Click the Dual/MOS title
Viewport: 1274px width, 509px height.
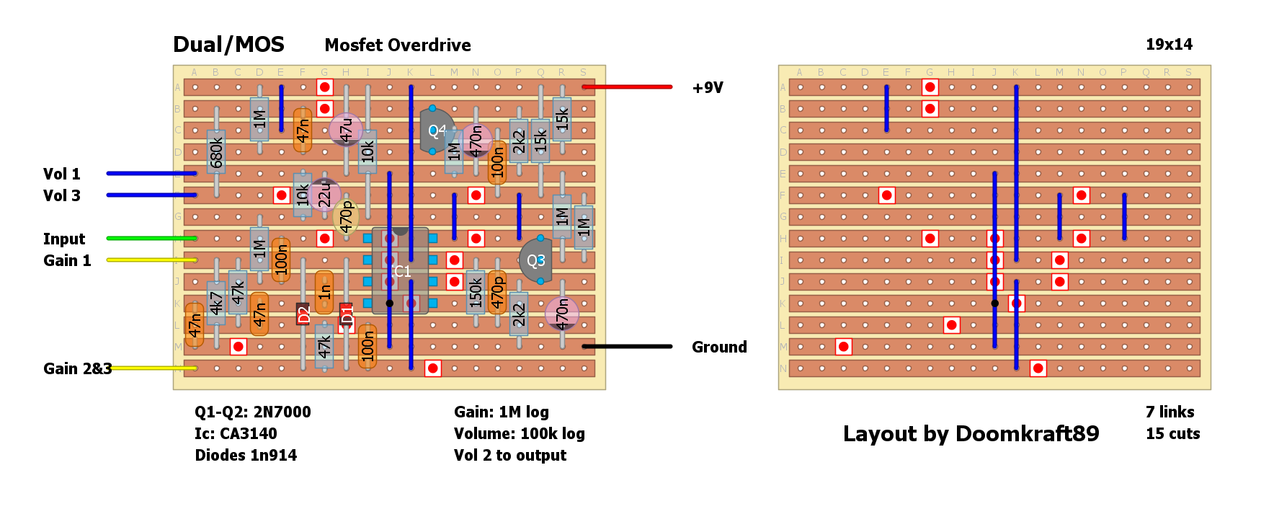click(228, 45)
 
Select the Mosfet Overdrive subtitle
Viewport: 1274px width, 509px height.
click(398, 45)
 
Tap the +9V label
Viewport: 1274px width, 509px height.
click(708, 88)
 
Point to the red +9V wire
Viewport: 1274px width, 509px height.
click(627, 87)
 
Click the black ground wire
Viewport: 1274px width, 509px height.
click(627, 347)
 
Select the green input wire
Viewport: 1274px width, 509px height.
click(151, 238)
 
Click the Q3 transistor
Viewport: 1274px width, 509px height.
click(536, 260)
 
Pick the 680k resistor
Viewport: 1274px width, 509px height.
click(216, 152)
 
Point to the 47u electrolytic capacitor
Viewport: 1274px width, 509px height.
click(346, 130)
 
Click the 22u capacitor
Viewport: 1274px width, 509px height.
click(324, 193)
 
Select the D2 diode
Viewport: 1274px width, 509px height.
click(303, 314)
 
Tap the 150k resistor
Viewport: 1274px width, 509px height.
click(476, 293)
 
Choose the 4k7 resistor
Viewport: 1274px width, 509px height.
click(216, 303)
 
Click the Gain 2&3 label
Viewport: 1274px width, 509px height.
click(77, 369)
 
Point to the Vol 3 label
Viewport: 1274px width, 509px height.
click(62, 196)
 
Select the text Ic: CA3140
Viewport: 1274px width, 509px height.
click(236, 434)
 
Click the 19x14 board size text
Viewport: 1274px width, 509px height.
click(1169, 45)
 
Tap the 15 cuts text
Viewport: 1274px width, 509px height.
click(1172, 434)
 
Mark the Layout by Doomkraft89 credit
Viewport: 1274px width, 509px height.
click(971, 434)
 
